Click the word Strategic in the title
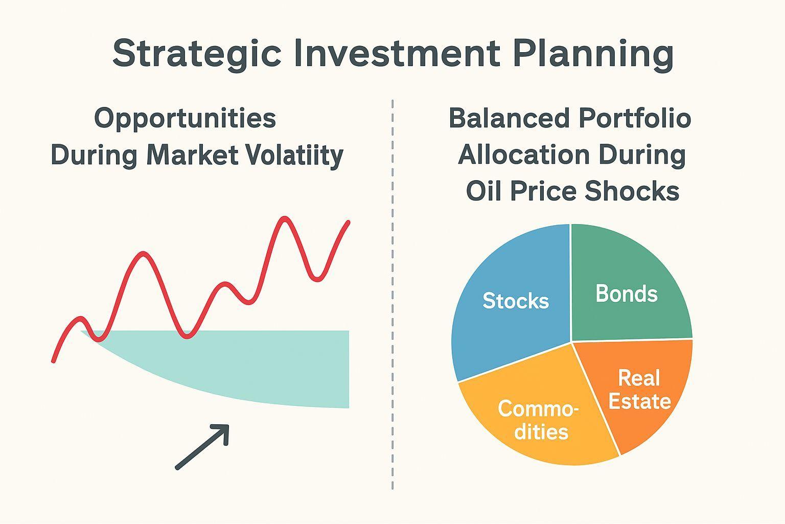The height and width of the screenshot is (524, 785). tap(197, 53)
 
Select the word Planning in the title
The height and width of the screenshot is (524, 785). tap(593, 54)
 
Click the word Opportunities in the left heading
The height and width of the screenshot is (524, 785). tap(185, 119)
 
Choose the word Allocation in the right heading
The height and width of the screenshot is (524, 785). tap(524, 155)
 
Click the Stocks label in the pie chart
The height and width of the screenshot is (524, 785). tap(516, 301)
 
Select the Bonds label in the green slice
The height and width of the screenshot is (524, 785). tap(626, 293)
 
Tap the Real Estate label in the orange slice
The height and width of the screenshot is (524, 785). tap(639, 389)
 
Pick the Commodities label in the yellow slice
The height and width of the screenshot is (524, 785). tap(538, 420)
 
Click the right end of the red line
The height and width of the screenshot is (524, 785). tap(349, 222)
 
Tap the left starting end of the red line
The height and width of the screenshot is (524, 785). tap(53, 361)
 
